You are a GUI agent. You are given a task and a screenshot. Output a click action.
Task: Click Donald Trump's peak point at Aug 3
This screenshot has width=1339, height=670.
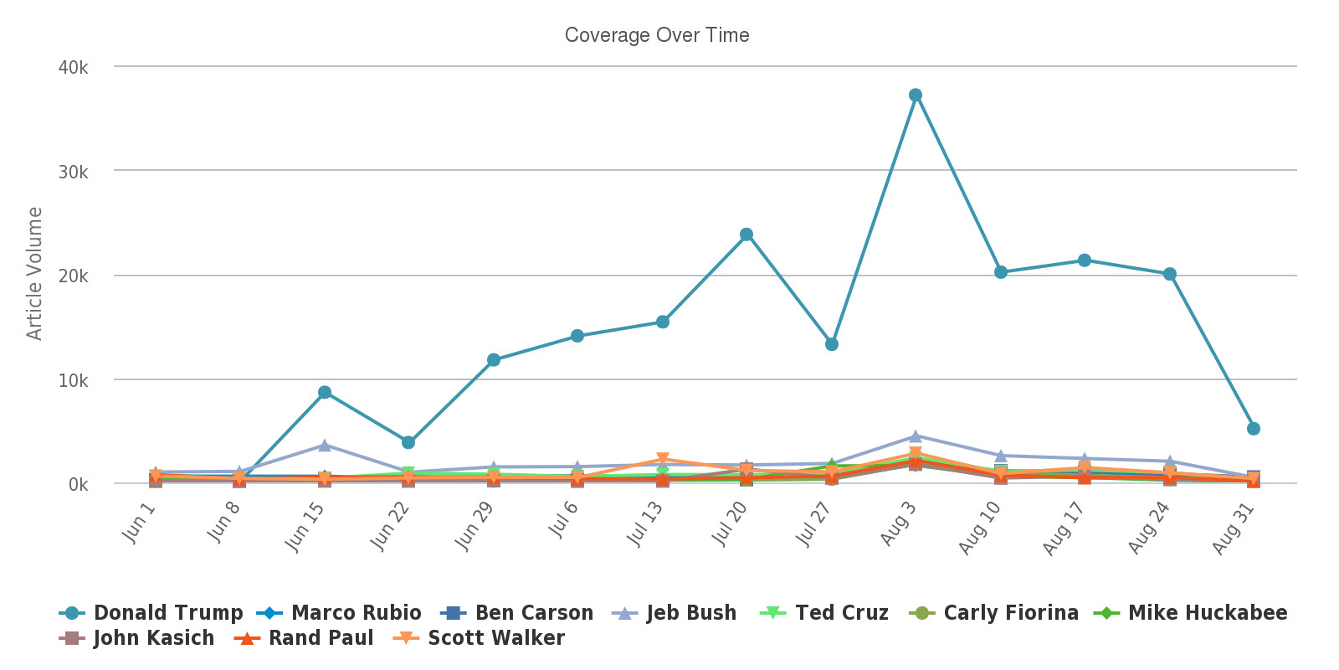(x=916, y=95)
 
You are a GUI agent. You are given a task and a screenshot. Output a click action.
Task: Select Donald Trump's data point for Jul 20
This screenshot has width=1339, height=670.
(x=746, y=234)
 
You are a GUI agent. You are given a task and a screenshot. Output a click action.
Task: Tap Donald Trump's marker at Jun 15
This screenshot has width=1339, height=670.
(x=325, y=393)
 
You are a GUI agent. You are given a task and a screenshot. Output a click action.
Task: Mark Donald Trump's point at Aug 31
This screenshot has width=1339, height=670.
(x=1254, y=429)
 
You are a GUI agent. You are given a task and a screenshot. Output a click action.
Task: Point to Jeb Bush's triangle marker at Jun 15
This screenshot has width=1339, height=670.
(x=325, y=445)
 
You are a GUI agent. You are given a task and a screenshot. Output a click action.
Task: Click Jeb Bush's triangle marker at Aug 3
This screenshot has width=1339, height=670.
(x=916, y=436)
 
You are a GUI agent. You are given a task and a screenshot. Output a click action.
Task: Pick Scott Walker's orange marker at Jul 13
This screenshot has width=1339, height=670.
(x=663, y=459)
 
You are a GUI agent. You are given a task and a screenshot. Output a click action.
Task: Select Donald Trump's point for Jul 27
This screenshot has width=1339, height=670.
(x=832, y=344)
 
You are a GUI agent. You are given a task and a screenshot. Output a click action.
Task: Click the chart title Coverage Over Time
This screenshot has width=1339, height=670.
(x=657, y=35)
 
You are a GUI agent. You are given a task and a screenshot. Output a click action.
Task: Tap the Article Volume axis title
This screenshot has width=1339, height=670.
(x=34, y=273)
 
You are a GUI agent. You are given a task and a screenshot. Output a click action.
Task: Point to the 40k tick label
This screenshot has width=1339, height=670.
(x=74, y=68)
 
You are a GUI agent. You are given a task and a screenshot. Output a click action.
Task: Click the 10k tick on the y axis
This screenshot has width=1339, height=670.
(x=74, y=381)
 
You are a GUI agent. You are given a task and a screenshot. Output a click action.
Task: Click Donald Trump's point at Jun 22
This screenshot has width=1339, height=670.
(x=408, y=442)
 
